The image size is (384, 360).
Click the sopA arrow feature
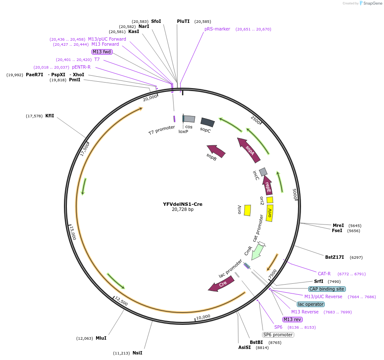[x=249, y=150]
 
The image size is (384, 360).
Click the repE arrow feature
[x=268, y=185]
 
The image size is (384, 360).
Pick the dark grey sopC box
[x=207, y=122]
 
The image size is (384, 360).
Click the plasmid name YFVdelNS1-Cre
[x=182, y=204]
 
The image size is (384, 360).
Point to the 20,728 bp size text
[x=182, y=210]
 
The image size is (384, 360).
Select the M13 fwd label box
[x=102, y=52]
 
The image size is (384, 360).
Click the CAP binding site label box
[x=327, y=289]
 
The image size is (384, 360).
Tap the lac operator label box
[x=311, y=304]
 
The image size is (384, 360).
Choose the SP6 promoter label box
[x=278, y=335]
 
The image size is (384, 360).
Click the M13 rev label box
[x=292, y=319]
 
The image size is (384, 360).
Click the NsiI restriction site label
[x=137, y=353]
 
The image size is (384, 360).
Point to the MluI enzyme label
[x=101, y=338]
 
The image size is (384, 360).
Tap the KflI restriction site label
[x=50, y=116]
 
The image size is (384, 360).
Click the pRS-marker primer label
[x=217, y=29]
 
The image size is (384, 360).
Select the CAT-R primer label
[x=324, y=274]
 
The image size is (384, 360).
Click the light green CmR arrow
[x=257, y=252]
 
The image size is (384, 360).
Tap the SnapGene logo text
[x=371, y=3]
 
